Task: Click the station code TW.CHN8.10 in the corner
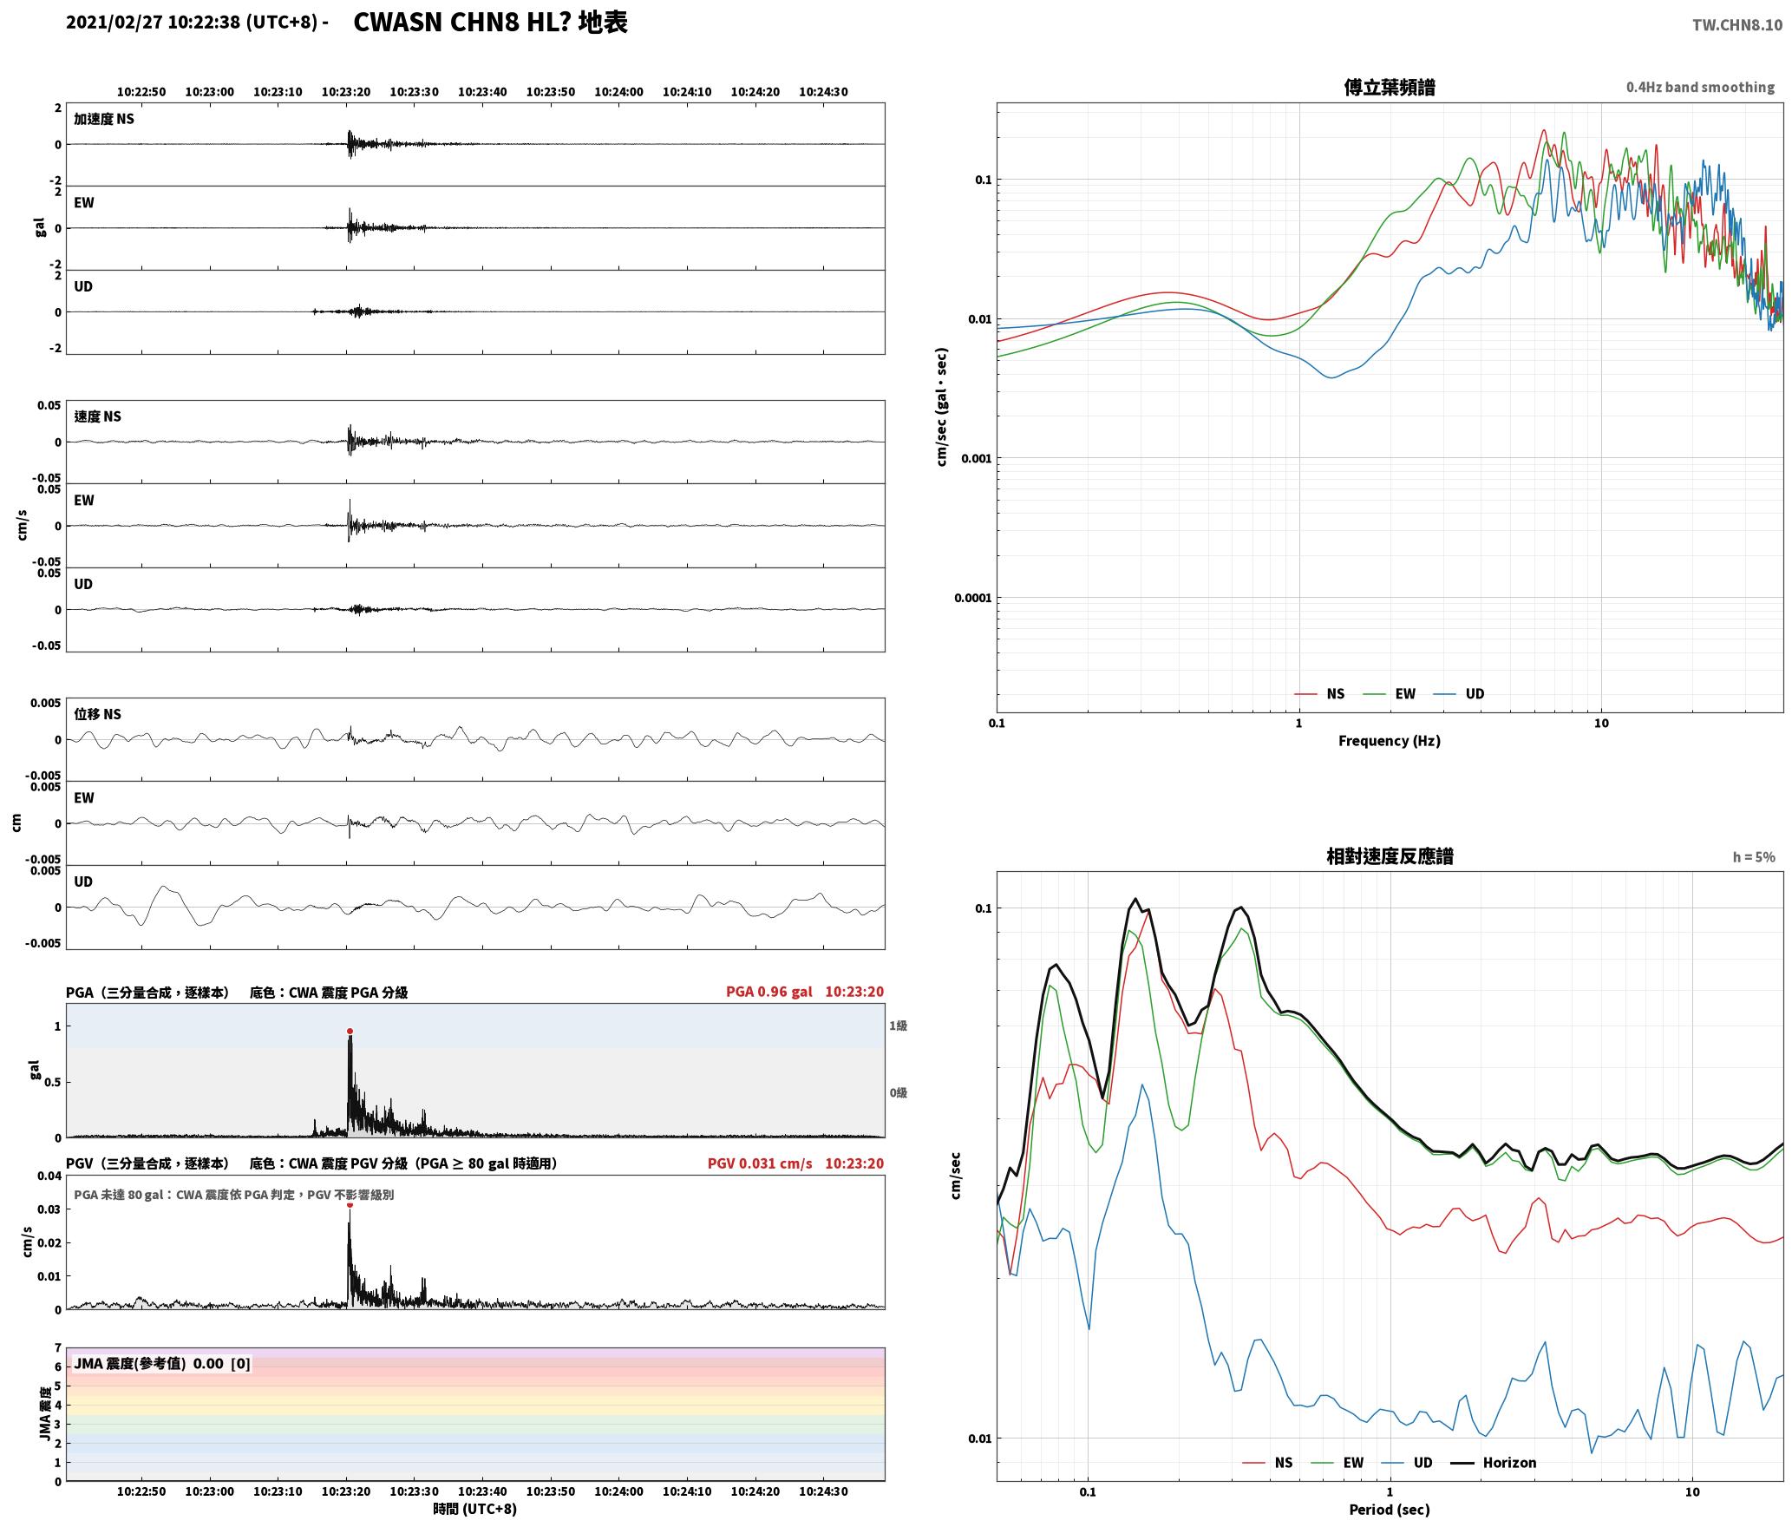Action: click(x=1736, y=25)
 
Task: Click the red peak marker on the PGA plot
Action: click(x=350, y=1032)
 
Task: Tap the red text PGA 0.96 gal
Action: click(x=769, y=992)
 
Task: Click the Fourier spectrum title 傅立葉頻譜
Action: click(x=1389, y=88)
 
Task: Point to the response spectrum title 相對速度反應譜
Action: click(x=1390, y=856)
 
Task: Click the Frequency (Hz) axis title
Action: click(x=1389, y=741)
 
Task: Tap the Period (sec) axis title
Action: click(x=1389, y=1510)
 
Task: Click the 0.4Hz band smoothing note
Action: click(x=1700, y=88)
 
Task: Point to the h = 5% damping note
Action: click(x=1754, y=857)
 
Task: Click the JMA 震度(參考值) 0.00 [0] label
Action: click(x=162, y=1364)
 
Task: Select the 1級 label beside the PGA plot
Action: click(x=898, y=1026)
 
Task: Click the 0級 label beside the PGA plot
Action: click(x=898, y=1092)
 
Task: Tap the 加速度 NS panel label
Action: click(x=104, y=119)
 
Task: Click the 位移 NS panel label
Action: click(x=97, y=714)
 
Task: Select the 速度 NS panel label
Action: click(x=97, y=416)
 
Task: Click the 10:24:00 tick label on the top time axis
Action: click(x=619, y=92)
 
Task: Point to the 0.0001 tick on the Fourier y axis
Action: click(x=972, y=598)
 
